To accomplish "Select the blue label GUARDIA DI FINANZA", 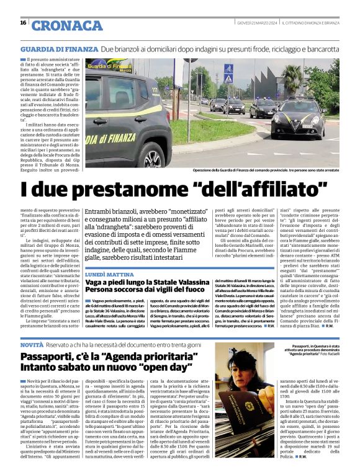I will (60, 48).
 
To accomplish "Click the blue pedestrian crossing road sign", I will (228, 69).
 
